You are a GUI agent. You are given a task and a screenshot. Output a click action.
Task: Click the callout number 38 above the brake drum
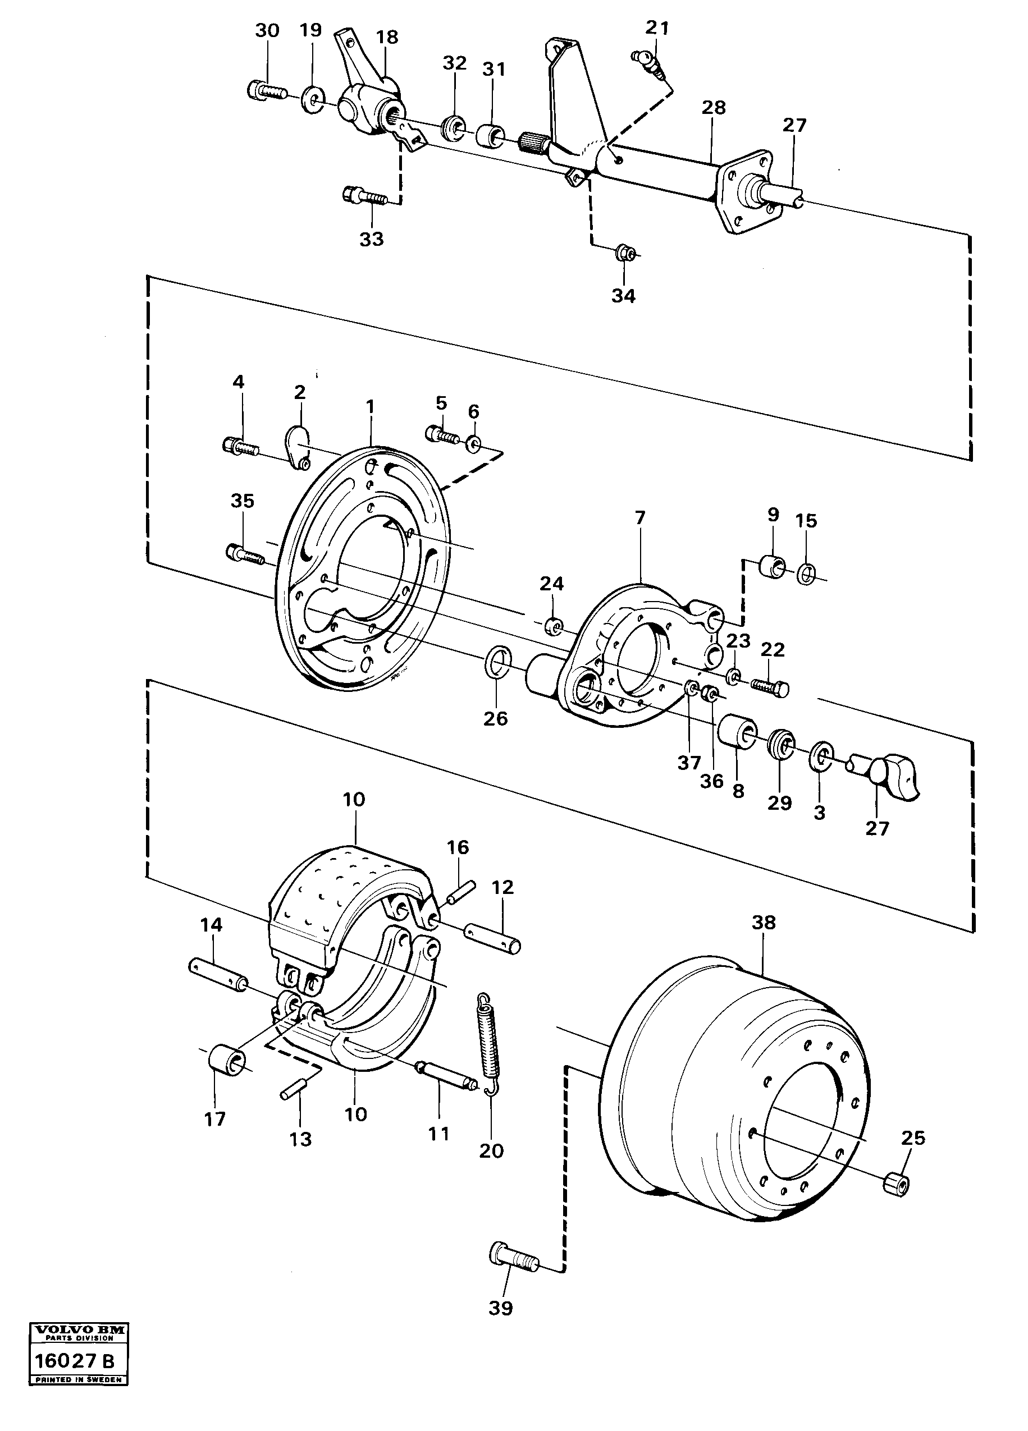tap(763, 923)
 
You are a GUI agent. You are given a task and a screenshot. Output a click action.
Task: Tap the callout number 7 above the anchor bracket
tap(640, 518)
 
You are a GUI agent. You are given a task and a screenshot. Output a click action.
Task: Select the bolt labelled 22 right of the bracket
tap(769, 686)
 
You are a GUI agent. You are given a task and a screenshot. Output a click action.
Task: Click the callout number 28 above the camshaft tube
tap(714, 107)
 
